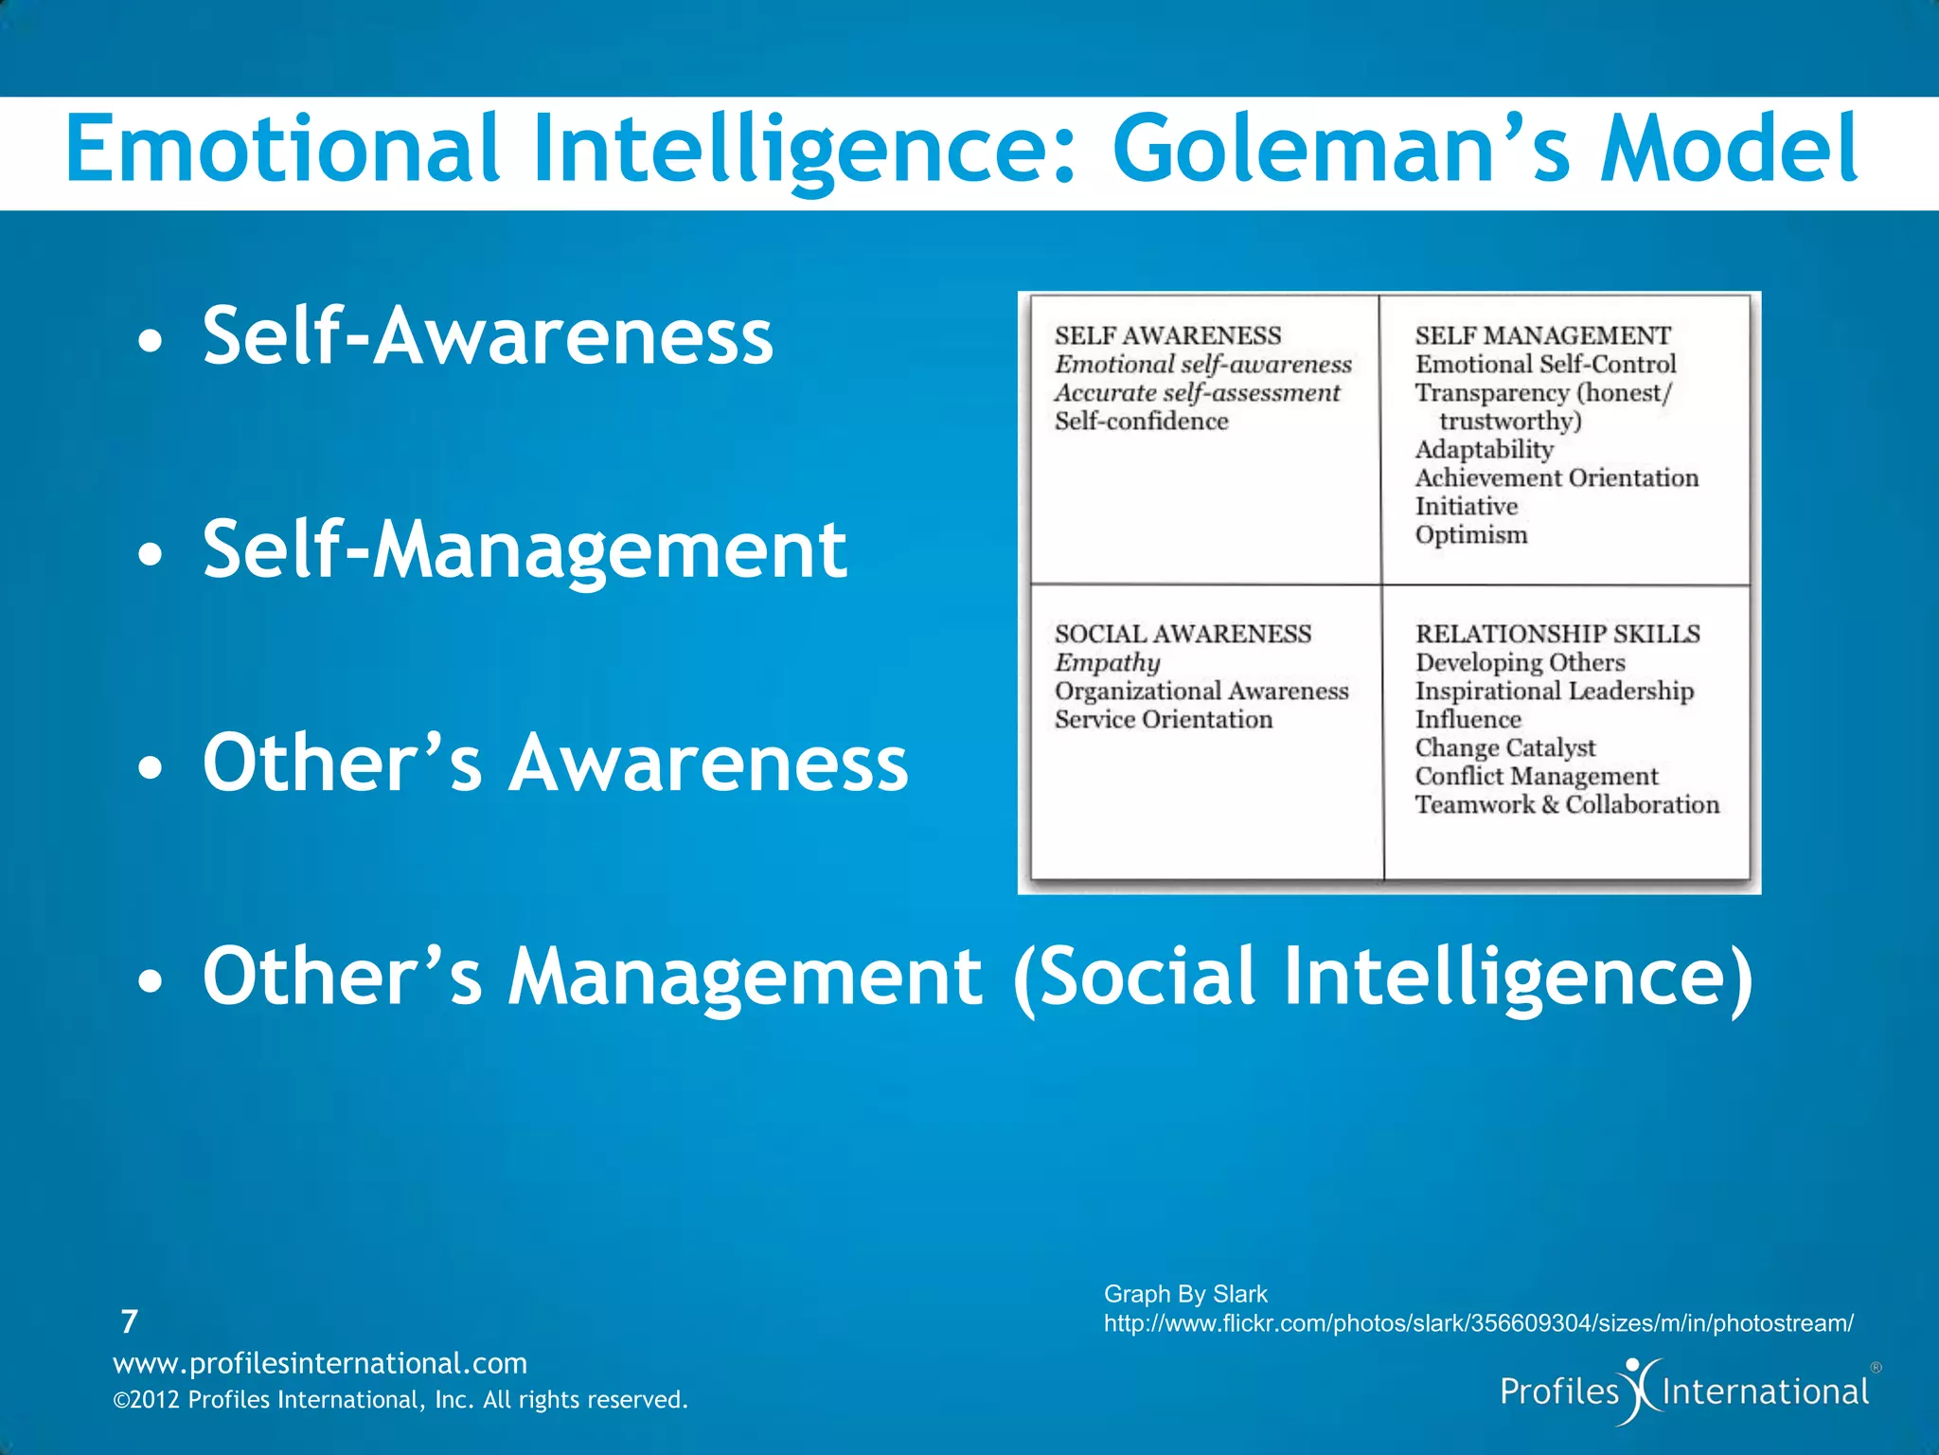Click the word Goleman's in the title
[x=1342, y=150]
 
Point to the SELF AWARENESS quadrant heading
[x=1167, y=335]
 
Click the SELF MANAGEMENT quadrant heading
[x=1542, y=335]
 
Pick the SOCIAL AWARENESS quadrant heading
[x=1183, y=634]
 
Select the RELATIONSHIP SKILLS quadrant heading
[x=1557, y=634]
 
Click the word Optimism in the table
[x=1471, y=535]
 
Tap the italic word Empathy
[x=1107, y=662]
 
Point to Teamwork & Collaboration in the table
[x=1567, y=804]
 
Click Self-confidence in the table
[x=1141, y=421]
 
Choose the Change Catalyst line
[x=1504, y=747]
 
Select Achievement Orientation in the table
[x=1557, y=477]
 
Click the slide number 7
[x=130, y=1321]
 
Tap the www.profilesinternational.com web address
[x=320, y=1363]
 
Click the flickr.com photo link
[x=1478, y=1323]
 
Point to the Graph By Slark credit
[x=1185, y=1294]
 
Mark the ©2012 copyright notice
[x=400, y=1400]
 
